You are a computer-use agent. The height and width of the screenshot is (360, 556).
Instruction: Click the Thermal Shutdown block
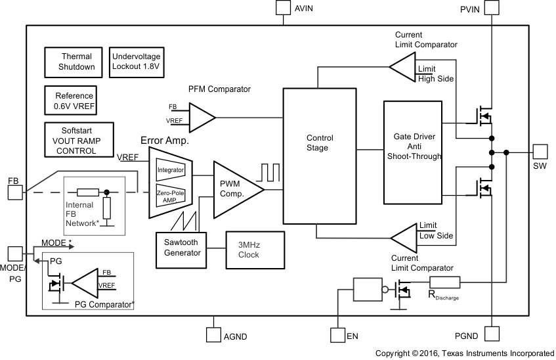(77, 62)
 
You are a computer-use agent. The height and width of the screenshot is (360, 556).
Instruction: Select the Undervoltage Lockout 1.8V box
(137, 62)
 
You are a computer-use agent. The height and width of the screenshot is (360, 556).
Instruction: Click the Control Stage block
(320, 156)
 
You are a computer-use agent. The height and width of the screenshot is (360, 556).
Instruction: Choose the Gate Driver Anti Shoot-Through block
(414, 152)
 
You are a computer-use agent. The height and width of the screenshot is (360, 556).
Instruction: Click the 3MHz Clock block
(255, 249)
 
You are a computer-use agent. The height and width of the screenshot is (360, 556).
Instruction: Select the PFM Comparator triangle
(200, 117)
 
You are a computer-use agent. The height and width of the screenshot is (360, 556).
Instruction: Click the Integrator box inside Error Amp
(171, 169)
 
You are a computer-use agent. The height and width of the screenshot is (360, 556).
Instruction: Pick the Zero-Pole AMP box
(171, 196)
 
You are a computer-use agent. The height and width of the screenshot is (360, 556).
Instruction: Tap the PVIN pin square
(492, 8)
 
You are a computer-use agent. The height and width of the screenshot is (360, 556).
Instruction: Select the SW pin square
(540, 152)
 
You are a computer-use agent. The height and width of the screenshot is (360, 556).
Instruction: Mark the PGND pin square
(492, 334)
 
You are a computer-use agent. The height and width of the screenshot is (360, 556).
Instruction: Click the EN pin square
(337, 335)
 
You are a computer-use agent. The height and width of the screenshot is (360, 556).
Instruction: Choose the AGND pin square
(214, 334)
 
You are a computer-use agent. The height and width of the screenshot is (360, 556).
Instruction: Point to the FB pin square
(14, 192)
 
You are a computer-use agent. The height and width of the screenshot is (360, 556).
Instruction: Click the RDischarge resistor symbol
(445, 282)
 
